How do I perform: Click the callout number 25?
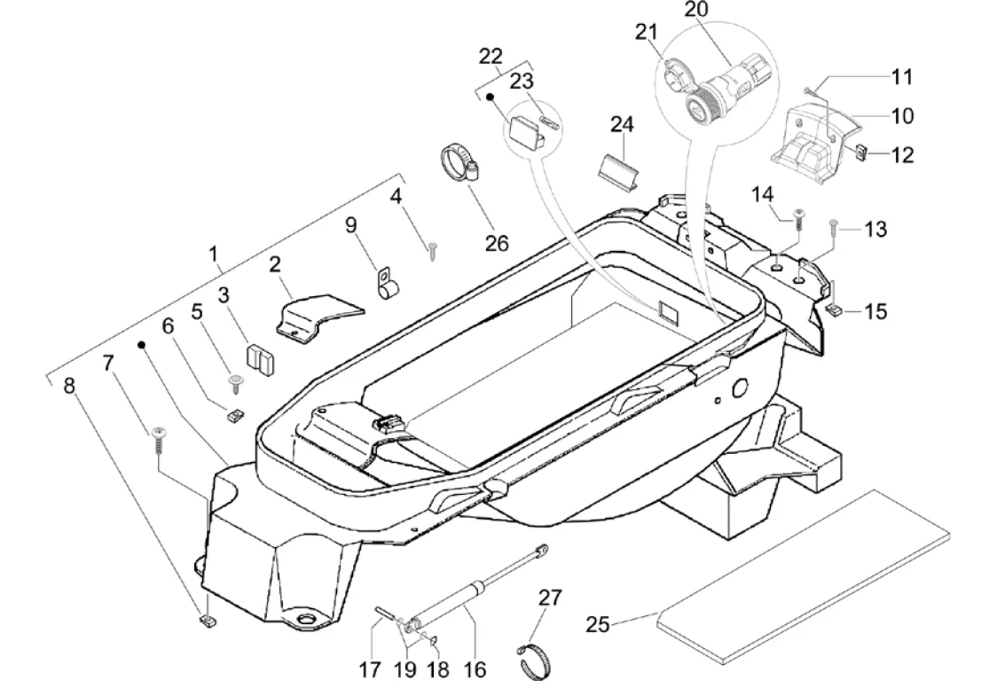tap(599, 625)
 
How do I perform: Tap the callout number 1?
tap(215, 254)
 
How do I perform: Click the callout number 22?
tap(491, 56)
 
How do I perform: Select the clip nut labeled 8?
tap(207, 619)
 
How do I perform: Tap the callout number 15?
tap(875, 311)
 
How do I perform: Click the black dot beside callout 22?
tap(491, 97)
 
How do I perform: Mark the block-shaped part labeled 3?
tap(259, 360)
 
